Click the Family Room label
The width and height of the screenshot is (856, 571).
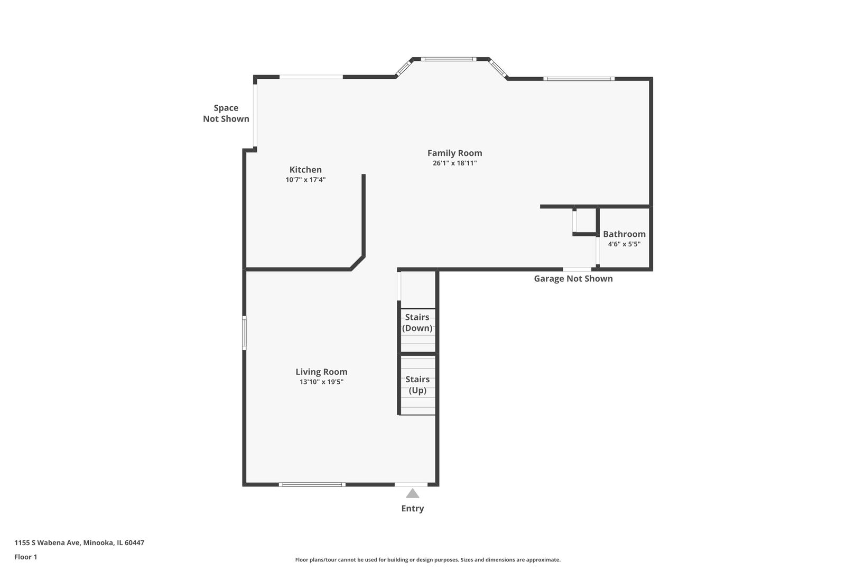click(454, 153)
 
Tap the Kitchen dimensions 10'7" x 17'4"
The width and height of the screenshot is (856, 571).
click(305, 180)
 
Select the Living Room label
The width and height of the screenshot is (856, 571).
click(321, 372)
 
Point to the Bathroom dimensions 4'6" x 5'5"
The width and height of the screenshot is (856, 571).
click(624, 244)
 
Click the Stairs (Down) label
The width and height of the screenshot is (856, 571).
click(417, 323)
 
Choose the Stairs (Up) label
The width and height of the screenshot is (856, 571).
click(417, 385)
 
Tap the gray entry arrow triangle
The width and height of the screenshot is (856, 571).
click(413, 494)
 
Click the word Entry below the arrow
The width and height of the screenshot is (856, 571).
click(413, 509)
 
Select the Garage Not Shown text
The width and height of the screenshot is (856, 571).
click(573, 279)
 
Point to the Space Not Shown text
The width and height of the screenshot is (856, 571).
click(226, 113)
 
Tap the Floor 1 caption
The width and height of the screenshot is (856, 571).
click(26, 557)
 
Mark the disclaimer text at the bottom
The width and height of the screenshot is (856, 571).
click(427, 559)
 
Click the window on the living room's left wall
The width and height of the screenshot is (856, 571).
click(244, 333)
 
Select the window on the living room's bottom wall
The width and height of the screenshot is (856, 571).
click(312, 484)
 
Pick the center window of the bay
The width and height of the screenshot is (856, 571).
click(449, 59)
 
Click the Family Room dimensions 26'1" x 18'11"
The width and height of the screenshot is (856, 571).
click(454, 163)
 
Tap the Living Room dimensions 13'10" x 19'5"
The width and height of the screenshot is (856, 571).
click(321, 382)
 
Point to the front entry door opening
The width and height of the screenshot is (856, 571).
click(411, 484)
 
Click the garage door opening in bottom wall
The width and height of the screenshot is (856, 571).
click(577, 270)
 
